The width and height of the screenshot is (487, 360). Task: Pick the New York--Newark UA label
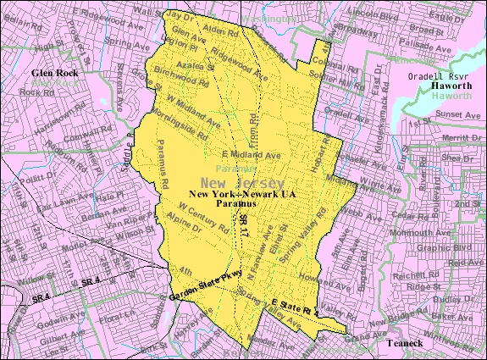point(242,195)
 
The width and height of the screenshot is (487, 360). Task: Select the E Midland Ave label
point(250,156)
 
